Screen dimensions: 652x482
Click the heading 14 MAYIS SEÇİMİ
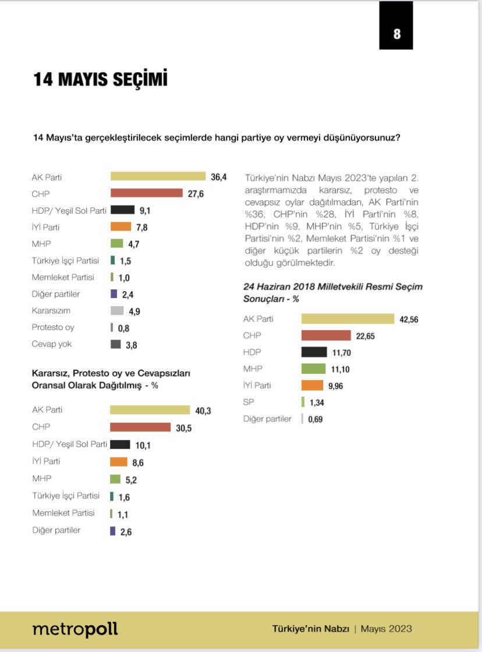click(x=100, y=79)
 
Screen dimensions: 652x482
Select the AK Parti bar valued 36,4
click(x=158, y=176)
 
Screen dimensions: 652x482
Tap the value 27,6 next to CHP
click(x=196, y=193)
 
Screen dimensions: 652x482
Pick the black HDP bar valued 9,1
click(x=123, y=210)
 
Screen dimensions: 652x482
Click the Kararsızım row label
click(x=51, y=311)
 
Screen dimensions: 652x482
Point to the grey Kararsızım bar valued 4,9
click(x=117, y=311)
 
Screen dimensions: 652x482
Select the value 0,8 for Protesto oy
click(x=123, y=328)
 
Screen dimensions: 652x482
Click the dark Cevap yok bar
click(x=115, y=345)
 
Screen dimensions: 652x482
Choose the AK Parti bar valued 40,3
click(x=150, y=410)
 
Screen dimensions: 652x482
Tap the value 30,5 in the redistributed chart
click(x=184, y=428)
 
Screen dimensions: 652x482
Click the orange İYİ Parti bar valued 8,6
click(x=119, y=462)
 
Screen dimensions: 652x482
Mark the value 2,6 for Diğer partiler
click(x=125, y=531)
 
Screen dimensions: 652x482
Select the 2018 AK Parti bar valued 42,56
click(x=348, y=318)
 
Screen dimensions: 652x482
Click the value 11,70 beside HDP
click(x=341, y=352)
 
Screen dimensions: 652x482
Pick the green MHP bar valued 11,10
click(x=313, y=368)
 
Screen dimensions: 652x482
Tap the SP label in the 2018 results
click(x=249, y=402)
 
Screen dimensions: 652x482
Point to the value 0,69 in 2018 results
click(x=316, y=419)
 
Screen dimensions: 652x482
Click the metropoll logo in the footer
click(x=75, y=629)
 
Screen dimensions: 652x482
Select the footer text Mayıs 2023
click(x=386, y=629)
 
